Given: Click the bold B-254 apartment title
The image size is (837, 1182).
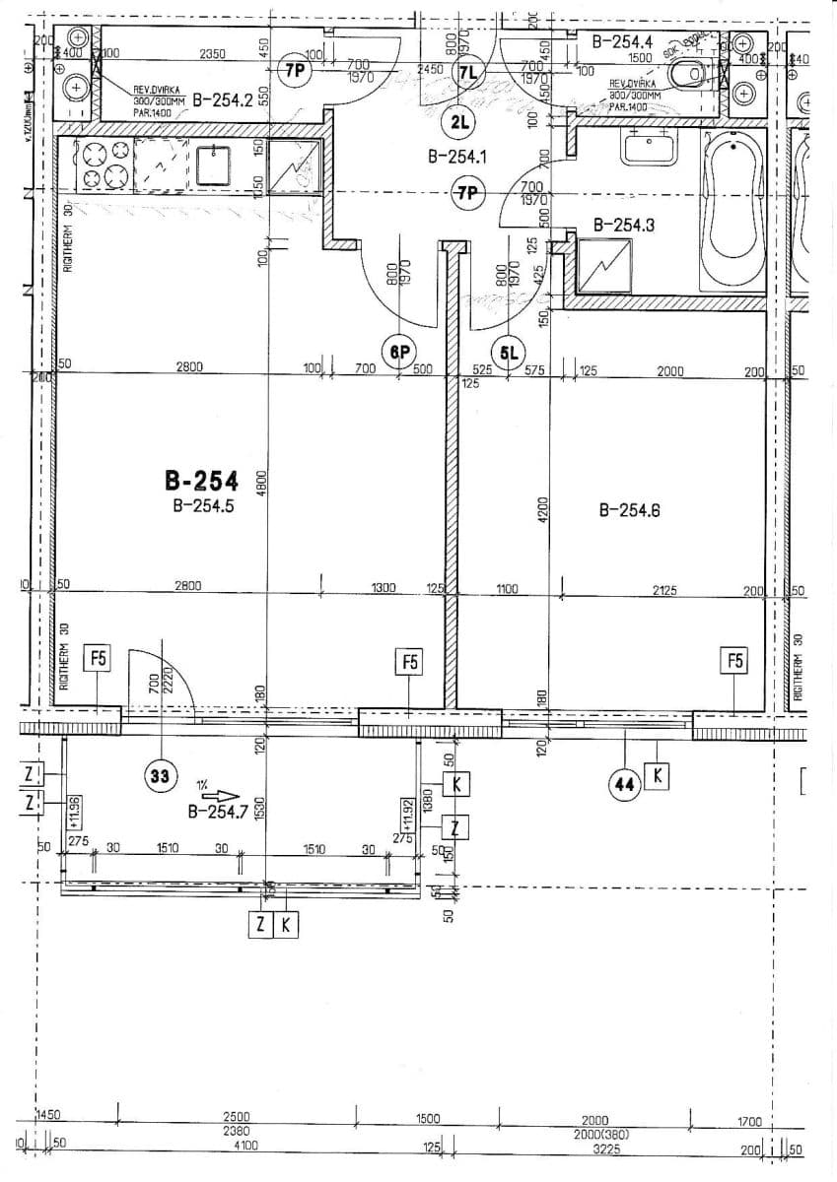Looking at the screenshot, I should [201, 482].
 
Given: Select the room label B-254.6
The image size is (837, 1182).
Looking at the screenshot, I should [629, 510].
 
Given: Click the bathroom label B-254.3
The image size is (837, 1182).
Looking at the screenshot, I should [624, 225].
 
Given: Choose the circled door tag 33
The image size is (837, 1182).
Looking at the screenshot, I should [158, 776].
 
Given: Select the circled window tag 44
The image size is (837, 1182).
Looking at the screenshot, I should [623, 784].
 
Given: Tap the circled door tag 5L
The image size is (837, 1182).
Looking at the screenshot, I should [510, 352].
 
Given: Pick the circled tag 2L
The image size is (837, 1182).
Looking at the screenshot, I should [459, 122].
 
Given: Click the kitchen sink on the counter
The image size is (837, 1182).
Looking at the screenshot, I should [213, 164].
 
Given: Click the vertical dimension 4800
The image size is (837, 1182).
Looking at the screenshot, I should [261, 483].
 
